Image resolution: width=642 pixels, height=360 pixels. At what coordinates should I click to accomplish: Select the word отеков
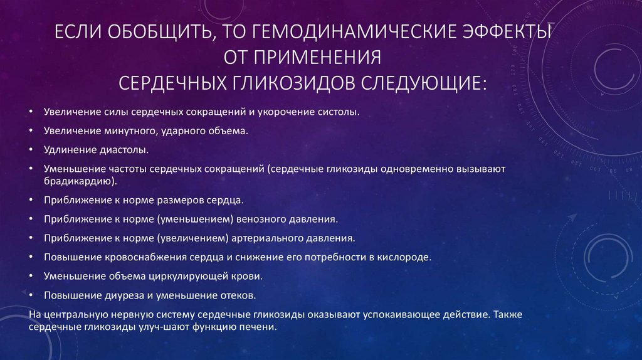tap(238, 295)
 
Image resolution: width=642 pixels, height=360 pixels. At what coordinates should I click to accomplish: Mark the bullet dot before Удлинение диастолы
tap(31, 151)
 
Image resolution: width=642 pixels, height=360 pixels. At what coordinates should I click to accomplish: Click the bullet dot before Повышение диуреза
tap(31, 295)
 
